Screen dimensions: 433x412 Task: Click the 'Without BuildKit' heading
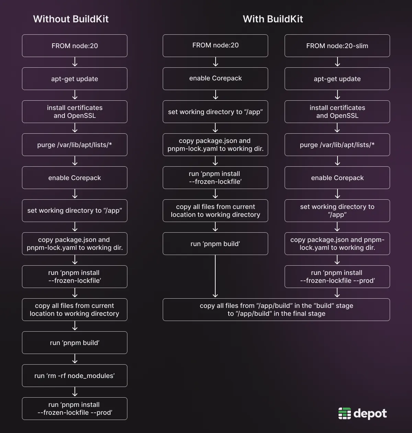coord(71,19)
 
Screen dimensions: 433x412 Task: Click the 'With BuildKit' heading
coord(273,19)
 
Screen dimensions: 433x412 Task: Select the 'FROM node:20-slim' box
coord(337,46)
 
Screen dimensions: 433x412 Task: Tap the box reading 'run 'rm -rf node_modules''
coord(75,376)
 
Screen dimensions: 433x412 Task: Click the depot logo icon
coord(344,413)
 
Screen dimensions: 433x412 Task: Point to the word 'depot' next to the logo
coord(370,413)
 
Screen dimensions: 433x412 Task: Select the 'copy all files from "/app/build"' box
coord(276,310)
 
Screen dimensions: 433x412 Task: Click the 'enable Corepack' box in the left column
coord(75,178)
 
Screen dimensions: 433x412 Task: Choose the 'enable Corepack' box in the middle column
coord(215,78)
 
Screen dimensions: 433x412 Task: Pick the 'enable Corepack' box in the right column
coord(337,178)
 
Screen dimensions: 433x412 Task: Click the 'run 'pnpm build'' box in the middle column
coord(215,244)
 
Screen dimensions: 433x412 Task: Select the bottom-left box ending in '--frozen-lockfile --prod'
coord(75,409)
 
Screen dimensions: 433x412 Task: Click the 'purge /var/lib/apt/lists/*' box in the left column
coord(75,145)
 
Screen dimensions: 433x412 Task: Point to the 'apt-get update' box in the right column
coord(337,79)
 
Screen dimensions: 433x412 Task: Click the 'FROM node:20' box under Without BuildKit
coord(75,46)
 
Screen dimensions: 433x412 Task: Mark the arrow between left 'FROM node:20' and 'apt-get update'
coord(75,62)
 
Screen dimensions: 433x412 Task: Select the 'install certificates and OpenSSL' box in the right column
coord(337,112)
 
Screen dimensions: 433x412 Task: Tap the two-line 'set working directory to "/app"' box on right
coord(337,211)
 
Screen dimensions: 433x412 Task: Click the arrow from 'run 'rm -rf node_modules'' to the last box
coord(75,392)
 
